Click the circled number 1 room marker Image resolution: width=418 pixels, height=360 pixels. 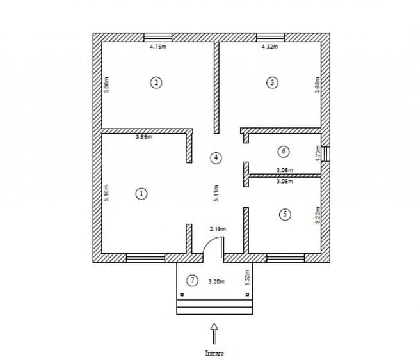141,194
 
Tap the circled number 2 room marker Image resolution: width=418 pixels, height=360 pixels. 155,82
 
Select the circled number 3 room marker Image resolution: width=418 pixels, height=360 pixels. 273,82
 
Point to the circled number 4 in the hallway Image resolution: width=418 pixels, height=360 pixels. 217,157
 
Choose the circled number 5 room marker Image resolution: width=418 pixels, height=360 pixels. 285,214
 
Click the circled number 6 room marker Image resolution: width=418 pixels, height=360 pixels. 284,152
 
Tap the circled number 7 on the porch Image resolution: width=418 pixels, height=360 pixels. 191,280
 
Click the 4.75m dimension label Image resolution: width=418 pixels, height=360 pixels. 157,47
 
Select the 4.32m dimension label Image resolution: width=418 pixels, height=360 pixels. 269,47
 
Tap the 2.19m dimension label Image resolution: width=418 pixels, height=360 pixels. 218,228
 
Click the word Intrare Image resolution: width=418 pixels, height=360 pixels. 214,353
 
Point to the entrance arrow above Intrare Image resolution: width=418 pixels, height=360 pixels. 214,334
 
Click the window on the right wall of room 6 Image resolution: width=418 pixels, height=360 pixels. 325,154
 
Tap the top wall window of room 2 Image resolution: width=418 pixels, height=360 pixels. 157,37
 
